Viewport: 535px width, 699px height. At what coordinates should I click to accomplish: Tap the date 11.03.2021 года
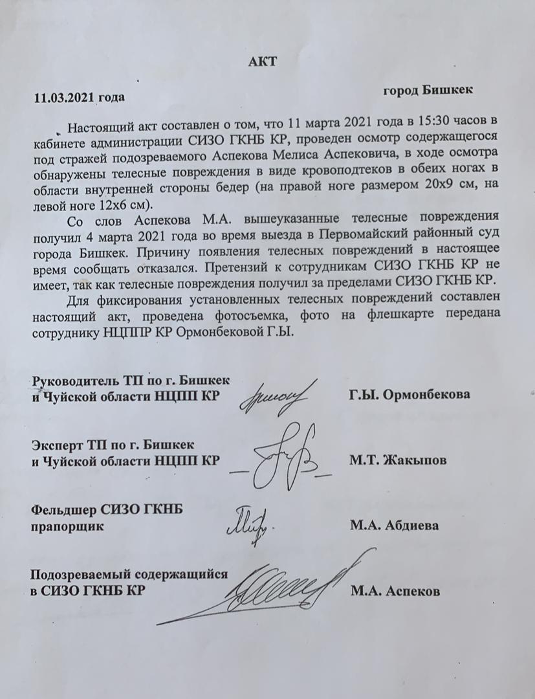78,98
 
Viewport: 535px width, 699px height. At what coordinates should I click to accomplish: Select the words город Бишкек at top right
428,90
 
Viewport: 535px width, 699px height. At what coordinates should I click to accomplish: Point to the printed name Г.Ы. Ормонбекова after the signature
409,394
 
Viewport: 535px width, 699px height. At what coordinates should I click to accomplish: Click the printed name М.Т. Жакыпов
397,460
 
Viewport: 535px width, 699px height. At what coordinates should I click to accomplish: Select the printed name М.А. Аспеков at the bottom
395,591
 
